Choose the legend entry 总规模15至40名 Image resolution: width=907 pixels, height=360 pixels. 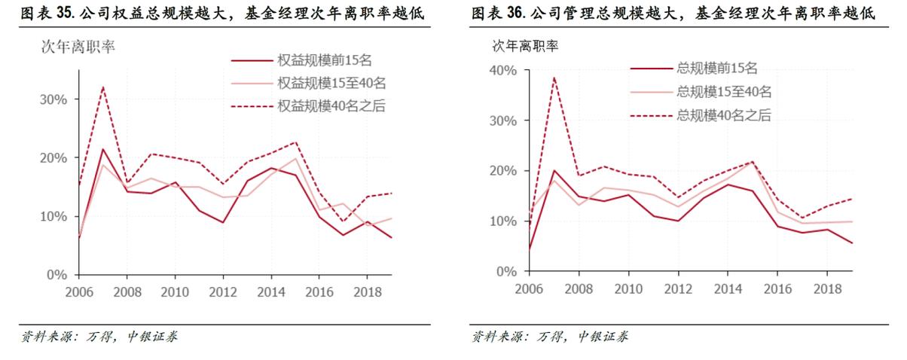coord(724,92)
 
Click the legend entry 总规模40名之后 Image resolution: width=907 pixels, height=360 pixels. coord(724,115)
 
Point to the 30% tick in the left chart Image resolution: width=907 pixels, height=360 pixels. coord(53,99)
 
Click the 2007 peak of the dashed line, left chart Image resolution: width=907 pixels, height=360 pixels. coord(102,87)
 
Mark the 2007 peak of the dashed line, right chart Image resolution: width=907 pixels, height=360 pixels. coord(554,77)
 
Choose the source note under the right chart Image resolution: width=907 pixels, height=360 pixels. coord(550,337)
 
